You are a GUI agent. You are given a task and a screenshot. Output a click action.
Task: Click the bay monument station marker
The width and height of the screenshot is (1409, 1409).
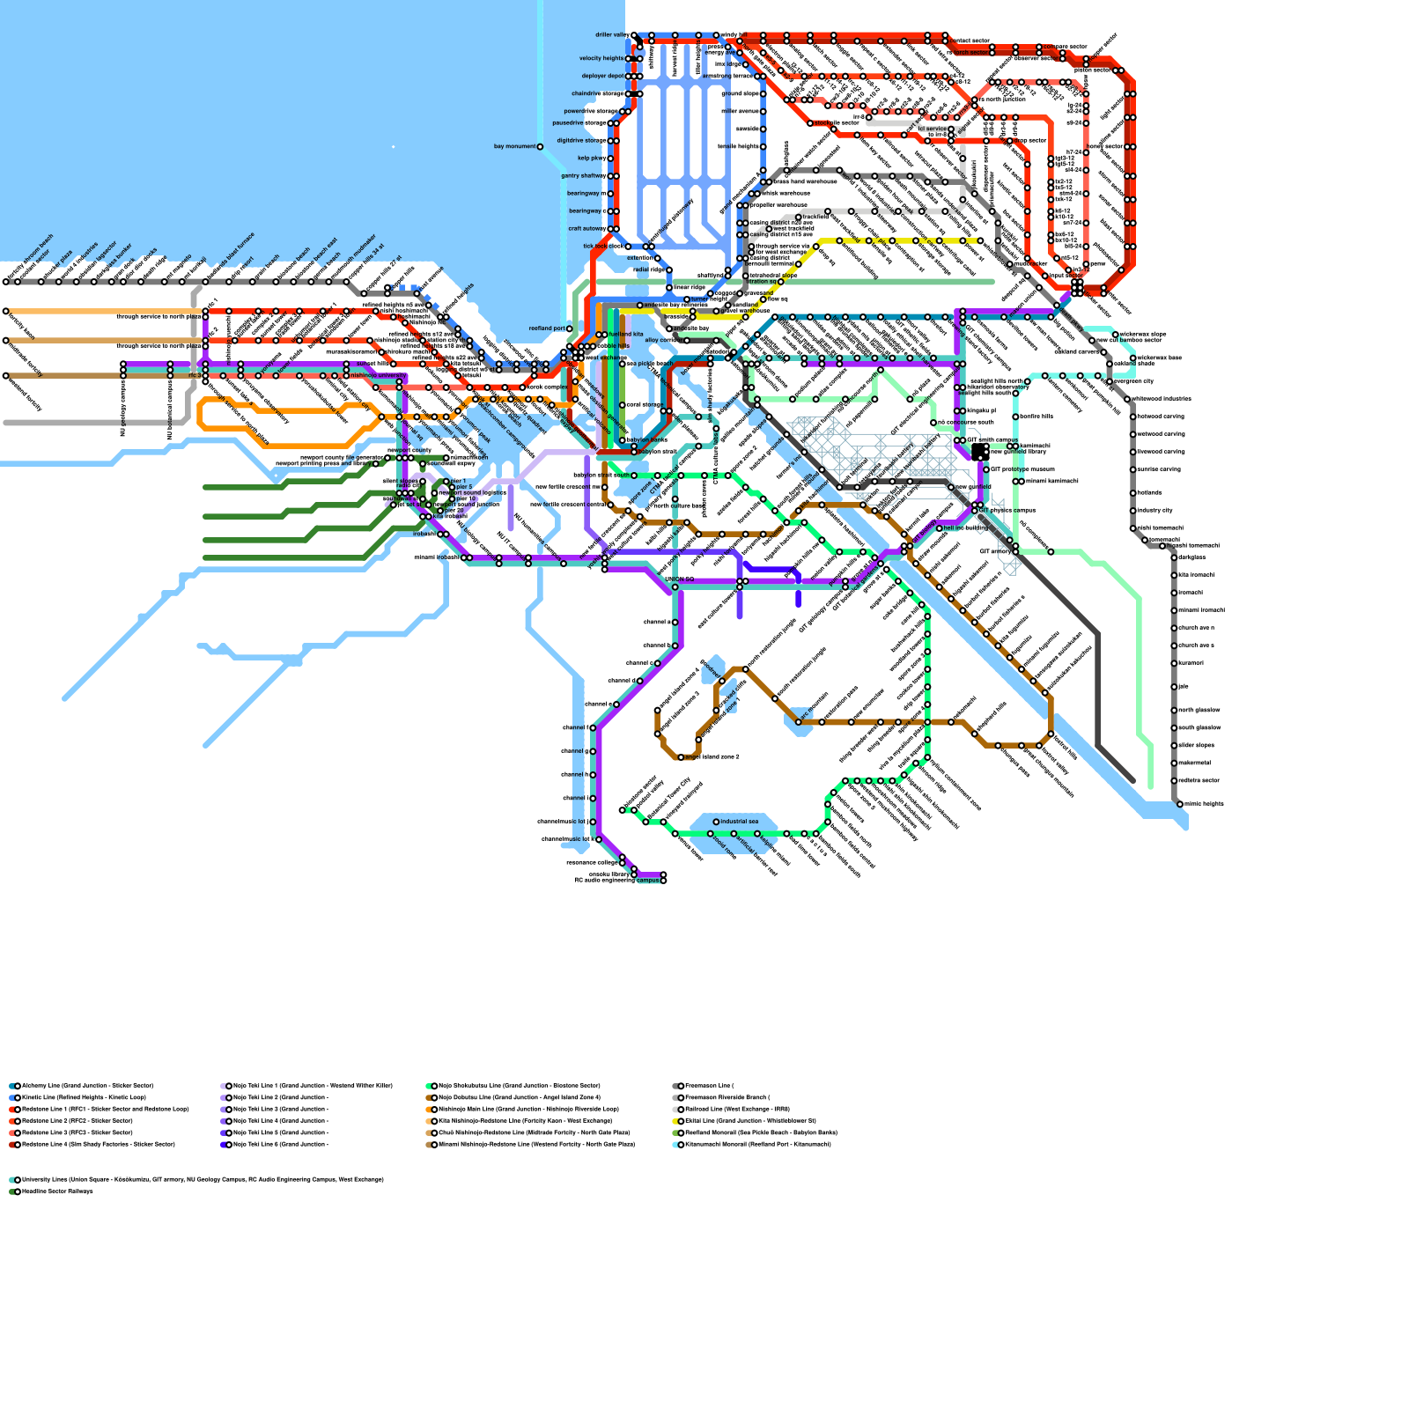540,147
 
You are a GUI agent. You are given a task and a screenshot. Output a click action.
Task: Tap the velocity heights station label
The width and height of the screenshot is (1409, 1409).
601,59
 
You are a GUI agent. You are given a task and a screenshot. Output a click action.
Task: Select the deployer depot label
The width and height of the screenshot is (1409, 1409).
602,77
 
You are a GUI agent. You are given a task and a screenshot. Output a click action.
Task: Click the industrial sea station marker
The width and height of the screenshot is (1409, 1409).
716,822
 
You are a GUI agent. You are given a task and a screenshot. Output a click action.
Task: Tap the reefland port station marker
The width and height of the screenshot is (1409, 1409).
569,328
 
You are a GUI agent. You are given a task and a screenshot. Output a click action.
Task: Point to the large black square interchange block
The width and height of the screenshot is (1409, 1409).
979,452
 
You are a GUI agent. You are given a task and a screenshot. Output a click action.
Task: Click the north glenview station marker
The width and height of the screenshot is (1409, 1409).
1175,710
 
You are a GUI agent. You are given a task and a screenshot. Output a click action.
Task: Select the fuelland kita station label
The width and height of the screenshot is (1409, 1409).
626,335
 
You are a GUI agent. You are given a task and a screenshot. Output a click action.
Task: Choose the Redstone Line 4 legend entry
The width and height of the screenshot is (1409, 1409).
98,1145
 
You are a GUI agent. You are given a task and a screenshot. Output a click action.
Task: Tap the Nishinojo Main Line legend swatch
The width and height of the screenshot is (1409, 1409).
431,1110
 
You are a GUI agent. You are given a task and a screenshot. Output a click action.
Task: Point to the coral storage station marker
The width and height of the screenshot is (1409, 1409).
623,405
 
